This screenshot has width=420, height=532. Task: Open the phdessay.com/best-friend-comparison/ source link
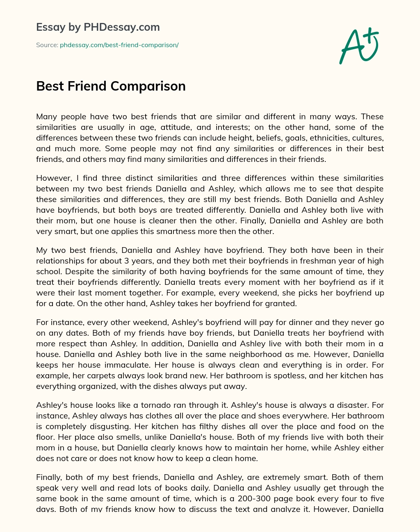tap(119, 45)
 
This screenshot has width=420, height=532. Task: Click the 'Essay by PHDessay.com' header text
tap(98, 27)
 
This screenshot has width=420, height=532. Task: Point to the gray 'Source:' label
tap(47, 45)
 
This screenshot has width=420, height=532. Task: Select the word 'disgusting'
tap(139, 426)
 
